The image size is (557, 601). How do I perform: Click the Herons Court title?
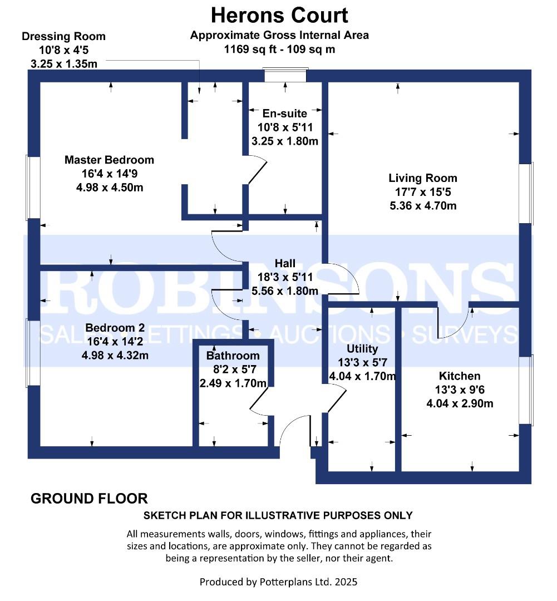(279, 16)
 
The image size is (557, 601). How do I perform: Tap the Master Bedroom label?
(109, 160)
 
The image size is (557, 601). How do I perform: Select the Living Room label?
(423, 178)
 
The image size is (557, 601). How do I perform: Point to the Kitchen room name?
(460, 376)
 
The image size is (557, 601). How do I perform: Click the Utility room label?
(362, 349)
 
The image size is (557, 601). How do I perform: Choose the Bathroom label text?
(233, 356)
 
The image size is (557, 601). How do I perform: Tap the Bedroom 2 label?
(115, 328)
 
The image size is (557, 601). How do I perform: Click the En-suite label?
(285, 114)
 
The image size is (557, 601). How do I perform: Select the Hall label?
(285, 263)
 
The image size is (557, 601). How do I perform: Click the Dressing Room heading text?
(63, 36)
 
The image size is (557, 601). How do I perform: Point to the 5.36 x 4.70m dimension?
(423, 206)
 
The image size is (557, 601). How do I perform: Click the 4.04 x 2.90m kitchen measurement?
(460, 403)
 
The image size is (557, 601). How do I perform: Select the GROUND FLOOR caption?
(89, 499)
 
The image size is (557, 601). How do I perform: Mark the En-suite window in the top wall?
(285, 75)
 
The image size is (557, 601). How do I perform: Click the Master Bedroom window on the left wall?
(33, 188)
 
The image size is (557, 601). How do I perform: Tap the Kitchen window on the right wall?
(526, 390)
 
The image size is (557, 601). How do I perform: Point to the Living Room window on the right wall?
(526, 194)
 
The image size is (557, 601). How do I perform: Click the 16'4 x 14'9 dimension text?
(109, 174)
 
